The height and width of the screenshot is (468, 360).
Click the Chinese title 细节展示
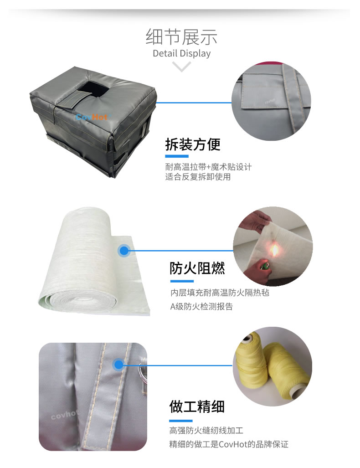coord(181,37)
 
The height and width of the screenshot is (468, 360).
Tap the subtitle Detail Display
coord(181,53)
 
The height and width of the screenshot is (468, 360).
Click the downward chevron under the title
coord(181,67)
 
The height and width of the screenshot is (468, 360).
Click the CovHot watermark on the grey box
coord(91,117)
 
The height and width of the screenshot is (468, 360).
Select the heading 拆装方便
coord(193,145)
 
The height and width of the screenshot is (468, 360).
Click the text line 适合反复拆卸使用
coord(198,177)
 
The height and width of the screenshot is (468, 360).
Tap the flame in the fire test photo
coord(274,250)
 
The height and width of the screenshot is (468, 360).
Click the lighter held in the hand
coord(264,265)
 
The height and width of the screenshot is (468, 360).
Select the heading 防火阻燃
coord(197,268)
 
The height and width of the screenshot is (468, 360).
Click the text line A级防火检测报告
coord(201,307)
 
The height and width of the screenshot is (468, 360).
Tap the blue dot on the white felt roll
coord(124,251)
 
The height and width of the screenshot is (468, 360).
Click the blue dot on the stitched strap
coord(119,365)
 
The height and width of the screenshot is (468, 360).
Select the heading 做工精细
coord(197,406)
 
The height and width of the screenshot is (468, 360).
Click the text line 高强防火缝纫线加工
coord(206,430)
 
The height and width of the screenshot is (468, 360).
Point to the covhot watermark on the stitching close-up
coord(65,414)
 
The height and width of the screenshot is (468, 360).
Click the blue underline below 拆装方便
coord(177,156)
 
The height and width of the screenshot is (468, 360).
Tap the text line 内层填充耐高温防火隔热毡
coord(220,293)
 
